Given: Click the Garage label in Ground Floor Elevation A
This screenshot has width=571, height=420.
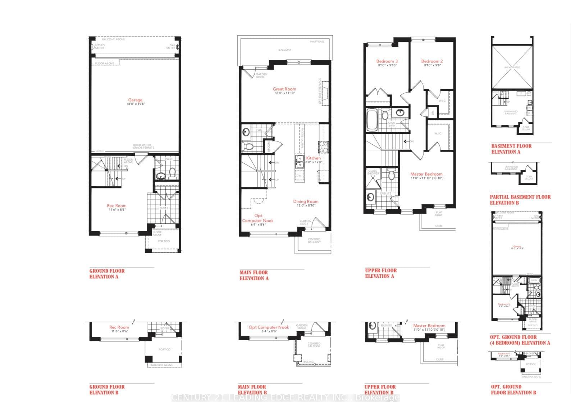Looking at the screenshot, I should click(x=135, y=100).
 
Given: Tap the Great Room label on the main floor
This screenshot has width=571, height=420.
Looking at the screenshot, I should click(x=284, y=89).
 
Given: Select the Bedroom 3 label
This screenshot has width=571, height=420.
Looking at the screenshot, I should click(x=387, y=61).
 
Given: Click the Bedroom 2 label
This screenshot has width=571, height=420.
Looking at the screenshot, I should click(x=431, y=61).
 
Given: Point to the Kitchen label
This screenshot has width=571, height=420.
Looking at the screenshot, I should click(x=313, y=158).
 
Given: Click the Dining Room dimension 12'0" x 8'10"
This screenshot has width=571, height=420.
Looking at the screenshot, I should click(x=306, y=206).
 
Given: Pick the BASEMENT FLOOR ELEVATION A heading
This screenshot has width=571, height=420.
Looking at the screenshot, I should click(x=511, y=149).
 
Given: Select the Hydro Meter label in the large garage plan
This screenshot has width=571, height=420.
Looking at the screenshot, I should click(x=99, y=47).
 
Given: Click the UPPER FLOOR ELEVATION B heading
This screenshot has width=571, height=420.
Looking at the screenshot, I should click(x=380, y=389).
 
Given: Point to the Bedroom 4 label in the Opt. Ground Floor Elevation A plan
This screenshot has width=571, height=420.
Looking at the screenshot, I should click(x=503, y=304).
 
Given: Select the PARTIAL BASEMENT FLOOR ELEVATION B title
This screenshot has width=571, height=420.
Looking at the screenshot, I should click(x=520, y=200).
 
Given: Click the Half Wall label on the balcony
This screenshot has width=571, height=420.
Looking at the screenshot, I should click(x=317, y=42).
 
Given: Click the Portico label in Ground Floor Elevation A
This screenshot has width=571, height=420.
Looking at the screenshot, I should click(x=164, y=241).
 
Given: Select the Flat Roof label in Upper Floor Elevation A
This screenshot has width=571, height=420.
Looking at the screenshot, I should click(x=439, y=214).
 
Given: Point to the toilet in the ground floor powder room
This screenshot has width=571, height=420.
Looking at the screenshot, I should click(x=172, y=173).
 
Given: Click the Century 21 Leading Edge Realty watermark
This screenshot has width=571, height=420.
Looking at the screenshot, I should click(x=285, y=397).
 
